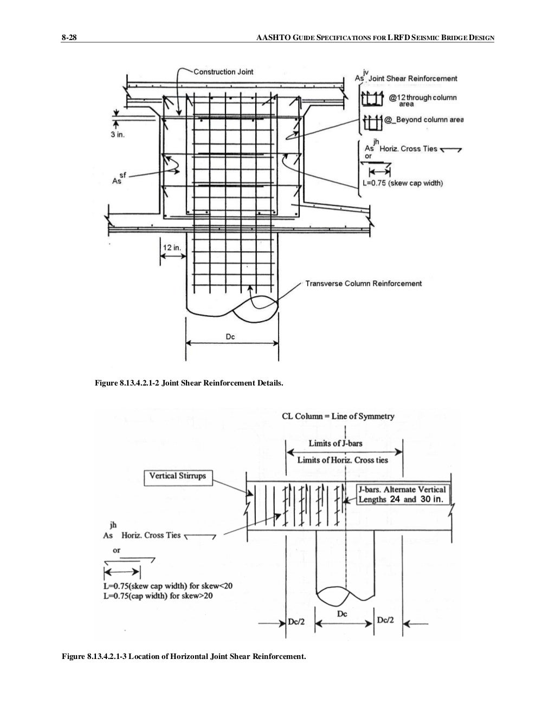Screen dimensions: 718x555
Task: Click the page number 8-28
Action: [69, 37]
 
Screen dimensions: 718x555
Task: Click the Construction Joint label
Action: [223, 71]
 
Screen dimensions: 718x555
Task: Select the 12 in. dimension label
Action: [172, 247]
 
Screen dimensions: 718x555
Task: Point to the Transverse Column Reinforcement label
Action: [363, 283]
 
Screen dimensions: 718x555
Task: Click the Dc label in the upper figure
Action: [231, 337]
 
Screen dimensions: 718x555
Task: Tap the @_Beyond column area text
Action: [423, 120]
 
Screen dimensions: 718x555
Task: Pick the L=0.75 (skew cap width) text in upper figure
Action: [402, 183]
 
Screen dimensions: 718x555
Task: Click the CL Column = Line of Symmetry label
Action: [338, 416]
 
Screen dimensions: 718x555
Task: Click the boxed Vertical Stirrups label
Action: [178, 476]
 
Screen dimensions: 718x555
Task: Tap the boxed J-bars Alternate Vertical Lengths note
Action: [402, 494]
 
